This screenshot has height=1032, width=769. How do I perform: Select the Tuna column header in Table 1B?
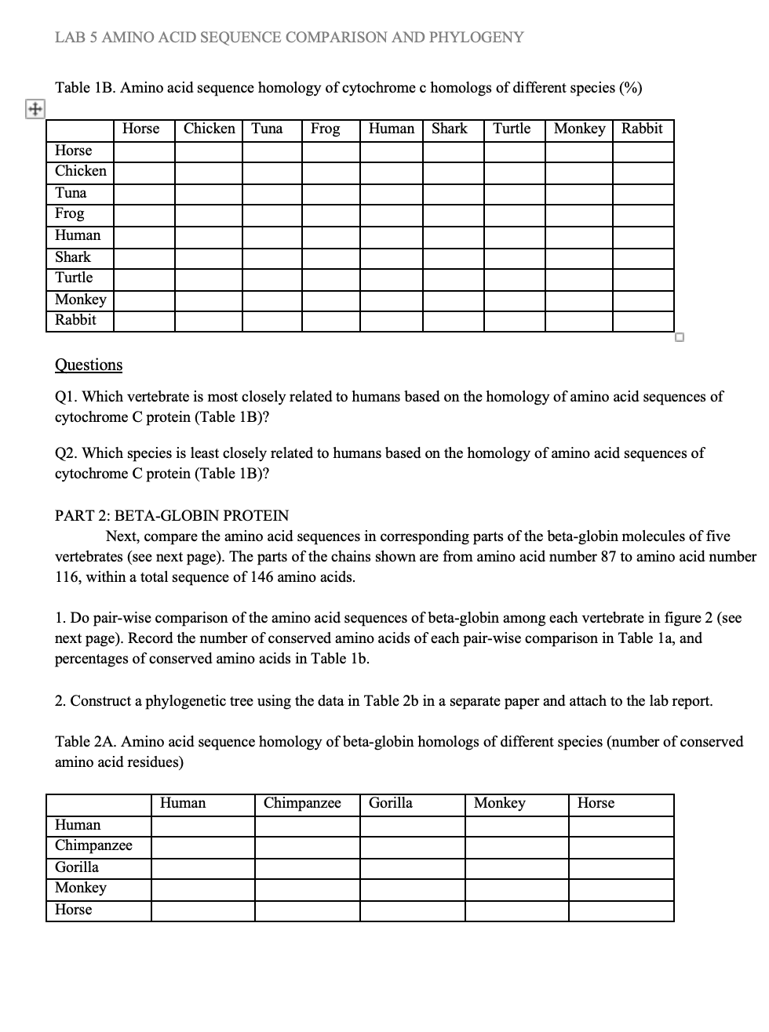267,129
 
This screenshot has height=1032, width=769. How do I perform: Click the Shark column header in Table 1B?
449,129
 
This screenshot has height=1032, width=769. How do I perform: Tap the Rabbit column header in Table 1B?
642,129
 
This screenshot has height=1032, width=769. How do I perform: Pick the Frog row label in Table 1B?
70,214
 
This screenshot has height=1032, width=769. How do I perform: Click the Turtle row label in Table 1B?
74,278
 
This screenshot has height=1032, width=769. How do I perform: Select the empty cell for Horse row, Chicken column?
208,151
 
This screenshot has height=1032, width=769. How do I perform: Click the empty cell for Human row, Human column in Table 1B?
392,236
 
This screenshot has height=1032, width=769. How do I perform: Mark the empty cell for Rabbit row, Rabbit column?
643,321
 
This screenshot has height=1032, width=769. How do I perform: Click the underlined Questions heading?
89,365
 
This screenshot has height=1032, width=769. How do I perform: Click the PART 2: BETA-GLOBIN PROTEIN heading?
172,516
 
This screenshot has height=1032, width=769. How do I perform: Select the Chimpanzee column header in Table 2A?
302,803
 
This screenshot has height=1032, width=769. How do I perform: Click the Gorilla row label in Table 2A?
77,867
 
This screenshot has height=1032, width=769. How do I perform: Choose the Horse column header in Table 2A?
596,803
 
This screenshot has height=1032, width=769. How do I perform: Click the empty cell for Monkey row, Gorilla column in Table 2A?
412,889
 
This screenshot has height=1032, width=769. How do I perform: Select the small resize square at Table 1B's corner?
680,337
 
